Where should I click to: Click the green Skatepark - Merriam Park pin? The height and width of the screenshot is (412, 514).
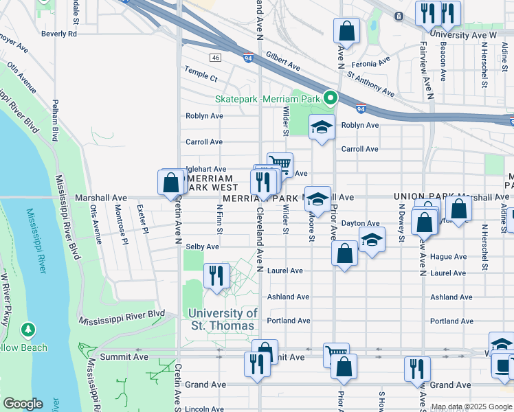(330, 99)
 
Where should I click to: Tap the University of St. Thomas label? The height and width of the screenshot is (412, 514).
(223, 319)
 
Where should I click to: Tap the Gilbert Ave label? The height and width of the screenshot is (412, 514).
(283, 64)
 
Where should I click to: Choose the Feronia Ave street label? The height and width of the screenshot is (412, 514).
(374, 64)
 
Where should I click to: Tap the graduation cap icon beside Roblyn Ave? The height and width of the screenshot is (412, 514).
(321, 127)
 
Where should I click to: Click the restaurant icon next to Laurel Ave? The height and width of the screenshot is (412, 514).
(216, 276)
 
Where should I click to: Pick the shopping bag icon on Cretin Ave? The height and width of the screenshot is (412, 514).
(170, 183)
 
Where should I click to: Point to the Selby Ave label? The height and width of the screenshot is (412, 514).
(202, 247)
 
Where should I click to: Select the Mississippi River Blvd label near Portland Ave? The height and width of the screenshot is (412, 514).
(121, 317)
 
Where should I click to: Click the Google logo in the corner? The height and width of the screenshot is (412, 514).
(23, 404)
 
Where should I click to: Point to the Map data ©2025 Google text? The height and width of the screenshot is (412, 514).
(471, 407)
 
